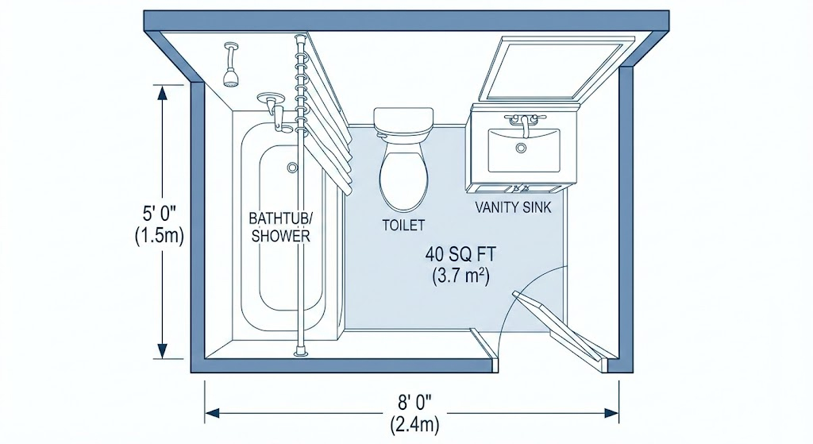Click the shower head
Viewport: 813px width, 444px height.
point(231,77)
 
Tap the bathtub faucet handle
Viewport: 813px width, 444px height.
point(272,102)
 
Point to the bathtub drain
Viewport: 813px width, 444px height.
point(292,168)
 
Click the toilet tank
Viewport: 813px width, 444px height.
point(404,121)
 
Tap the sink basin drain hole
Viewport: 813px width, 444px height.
point(522,148)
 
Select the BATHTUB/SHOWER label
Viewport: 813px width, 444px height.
point(279,226)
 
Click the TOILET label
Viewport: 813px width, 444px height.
point(404,226)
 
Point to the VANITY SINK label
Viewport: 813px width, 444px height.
point(513,208)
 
